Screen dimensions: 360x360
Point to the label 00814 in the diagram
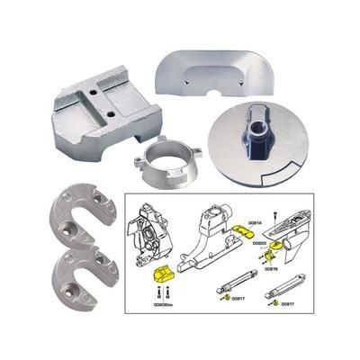[255, 222]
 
